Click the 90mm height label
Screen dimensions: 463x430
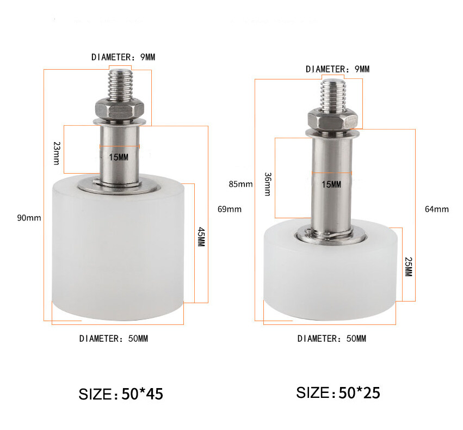[29, 218]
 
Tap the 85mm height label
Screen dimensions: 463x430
[240, 185]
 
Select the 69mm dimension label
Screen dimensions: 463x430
[230, 209]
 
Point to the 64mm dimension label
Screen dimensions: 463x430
[437, 209]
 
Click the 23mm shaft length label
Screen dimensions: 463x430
[57, 153]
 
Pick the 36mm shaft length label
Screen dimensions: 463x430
[268, 184]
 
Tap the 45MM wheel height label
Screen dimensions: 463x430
[201, 237]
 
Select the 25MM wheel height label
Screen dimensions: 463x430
[409, 267]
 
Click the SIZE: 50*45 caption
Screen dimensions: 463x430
[121, 394]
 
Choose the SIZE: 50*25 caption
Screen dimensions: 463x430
[338, 393]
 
